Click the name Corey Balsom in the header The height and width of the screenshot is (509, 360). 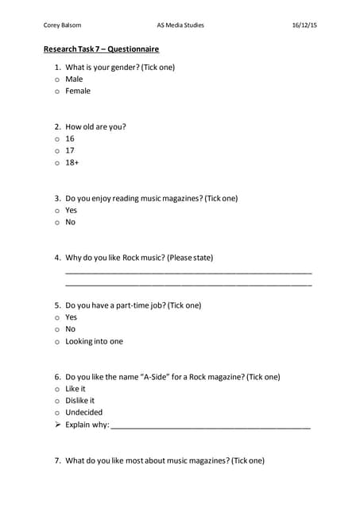(x=62, y=25)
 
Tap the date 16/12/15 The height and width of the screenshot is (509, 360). (x=304, y=25)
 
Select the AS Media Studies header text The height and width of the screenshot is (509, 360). (x=181, y=25)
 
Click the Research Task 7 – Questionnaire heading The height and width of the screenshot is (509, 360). (x=101, y=49)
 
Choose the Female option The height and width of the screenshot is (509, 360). (x=77, y=91)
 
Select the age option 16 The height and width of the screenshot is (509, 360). (x=70, y=138)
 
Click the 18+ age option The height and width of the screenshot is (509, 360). (x=72, y=162)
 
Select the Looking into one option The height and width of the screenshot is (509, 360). (x=94, y=341)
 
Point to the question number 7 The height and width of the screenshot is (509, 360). (x=58, y=460)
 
